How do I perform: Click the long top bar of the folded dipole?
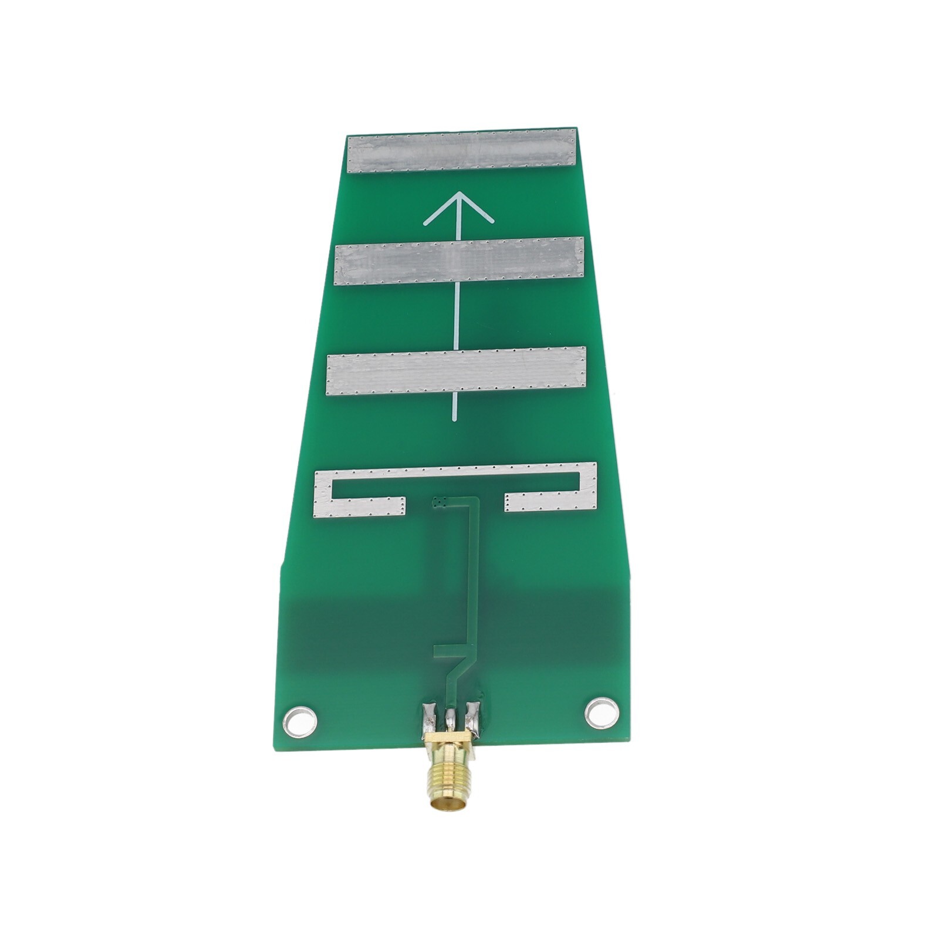point(456,473)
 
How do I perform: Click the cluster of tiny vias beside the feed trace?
point(438,502)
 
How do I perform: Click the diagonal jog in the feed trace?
point(458,669)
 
